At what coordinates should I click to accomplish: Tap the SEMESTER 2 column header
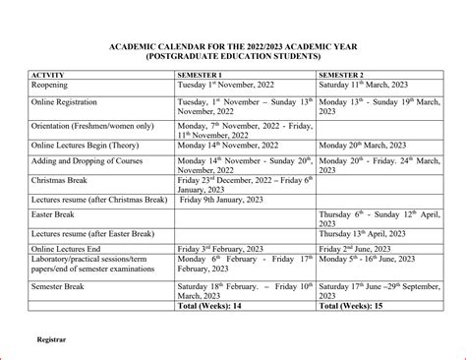click(x=343, y=75)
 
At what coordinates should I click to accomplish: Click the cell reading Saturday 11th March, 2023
click(x=365, y=86)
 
